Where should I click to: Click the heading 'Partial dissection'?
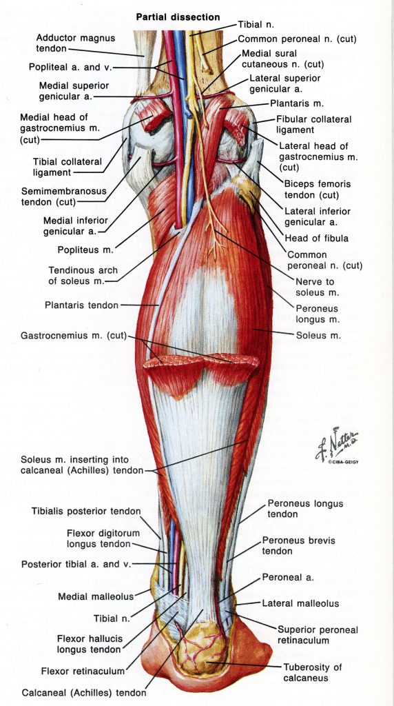tap(178, 17)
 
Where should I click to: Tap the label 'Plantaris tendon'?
tap(81, 305)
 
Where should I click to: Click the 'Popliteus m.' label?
tap(86, 249)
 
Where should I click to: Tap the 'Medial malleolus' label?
tap(96, 596)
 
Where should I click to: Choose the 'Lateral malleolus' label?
tap(300, 603)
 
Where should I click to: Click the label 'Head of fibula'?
tap(316, 238)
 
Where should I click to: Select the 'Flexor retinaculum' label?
tap(83, 672)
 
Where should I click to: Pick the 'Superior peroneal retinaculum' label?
tap(318, 635)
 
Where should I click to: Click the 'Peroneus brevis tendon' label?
tap(299, 545)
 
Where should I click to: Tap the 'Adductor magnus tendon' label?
tap(76, 43)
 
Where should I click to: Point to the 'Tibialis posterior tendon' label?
tap(86, 511)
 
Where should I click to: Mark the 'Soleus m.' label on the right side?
tap(318, 335)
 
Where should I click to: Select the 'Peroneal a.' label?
tap(288, 577)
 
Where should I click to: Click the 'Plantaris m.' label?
tap(297, 103)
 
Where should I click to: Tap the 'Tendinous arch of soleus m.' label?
tap(83, 276)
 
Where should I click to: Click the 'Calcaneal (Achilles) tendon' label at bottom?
tap(83, 693)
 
